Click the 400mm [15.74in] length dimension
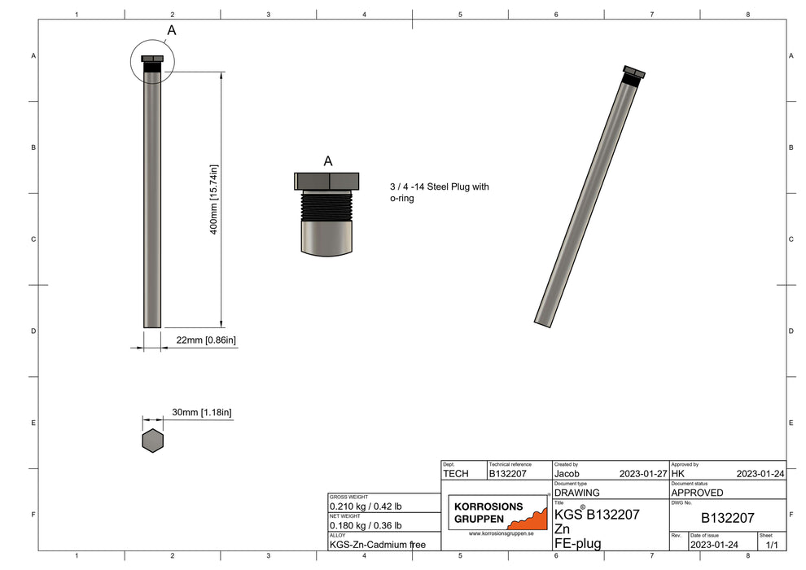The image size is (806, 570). (x=214, y=199)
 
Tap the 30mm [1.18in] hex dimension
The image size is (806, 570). (x=201, y=413)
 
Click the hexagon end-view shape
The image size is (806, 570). (x=152, y=441)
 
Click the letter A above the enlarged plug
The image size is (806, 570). (x=327, y=161)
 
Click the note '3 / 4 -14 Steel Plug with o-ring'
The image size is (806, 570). (x=439, y=192)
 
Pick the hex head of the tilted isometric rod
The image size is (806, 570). (x=633, y=72)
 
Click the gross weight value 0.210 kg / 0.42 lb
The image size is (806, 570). (x=365, y=506)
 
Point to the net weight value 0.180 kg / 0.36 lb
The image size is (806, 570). (x=365, y=526)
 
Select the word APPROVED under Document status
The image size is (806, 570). (x=697, y=493)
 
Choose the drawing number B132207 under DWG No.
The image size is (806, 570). (x=727, y=518)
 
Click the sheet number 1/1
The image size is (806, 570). (x=771, y=544)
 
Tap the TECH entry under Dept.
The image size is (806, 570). (x=456, y=472)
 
